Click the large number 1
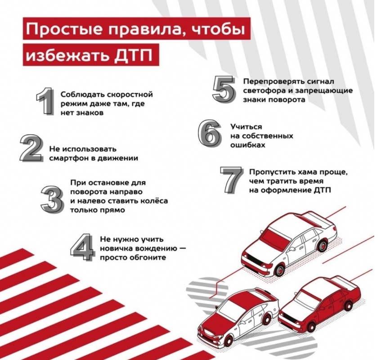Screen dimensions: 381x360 click(x=44, y=101)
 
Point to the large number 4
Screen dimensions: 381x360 click(x=82, y=247)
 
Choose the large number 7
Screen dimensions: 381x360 click(x=231, y=180)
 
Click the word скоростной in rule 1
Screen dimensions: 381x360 click(x=130, y=95)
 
